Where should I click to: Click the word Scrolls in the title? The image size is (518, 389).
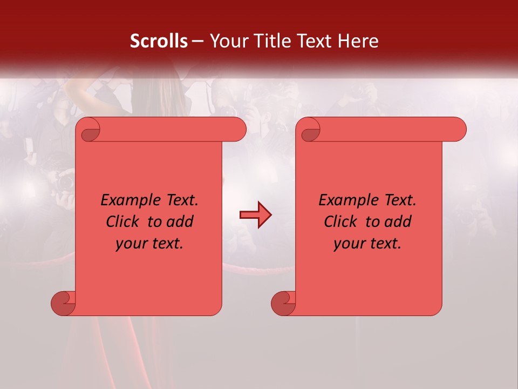point(159,41)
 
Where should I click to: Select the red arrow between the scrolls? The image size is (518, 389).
point(255,215)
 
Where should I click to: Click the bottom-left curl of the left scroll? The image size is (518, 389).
point(64,303)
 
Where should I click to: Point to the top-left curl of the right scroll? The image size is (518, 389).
point(309,130)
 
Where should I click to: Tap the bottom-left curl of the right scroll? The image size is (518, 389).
point(284,303)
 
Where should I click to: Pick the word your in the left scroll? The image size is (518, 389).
point(131,244)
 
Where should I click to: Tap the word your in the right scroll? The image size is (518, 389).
point(349,244)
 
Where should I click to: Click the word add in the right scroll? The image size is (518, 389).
point(398,222)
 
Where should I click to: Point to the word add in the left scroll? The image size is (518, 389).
point(180,222)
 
